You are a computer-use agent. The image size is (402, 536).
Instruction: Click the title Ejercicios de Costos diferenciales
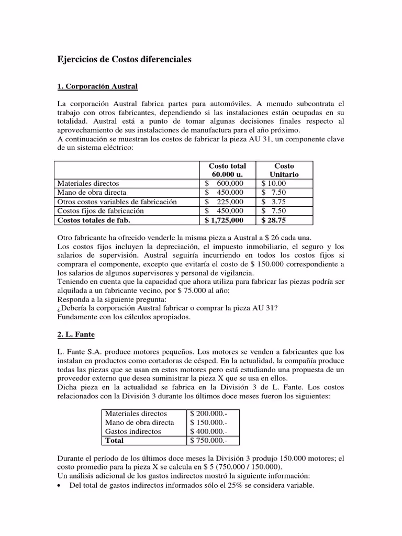(124, 60)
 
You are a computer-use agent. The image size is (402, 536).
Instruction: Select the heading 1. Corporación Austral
(97, 85)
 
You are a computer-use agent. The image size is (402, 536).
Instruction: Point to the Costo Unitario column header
(284, 170)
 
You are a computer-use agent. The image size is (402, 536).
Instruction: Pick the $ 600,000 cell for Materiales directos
(225, 183)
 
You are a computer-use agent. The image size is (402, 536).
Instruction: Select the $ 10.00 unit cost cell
(274, 183)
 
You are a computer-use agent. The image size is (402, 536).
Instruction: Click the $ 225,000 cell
(225, 202)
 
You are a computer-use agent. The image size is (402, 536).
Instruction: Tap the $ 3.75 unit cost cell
(274, 202)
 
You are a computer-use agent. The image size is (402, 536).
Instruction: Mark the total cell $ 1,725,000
(225, 220)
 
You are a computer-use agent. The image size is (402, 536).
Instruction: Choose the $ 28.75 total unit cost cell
(274, 220)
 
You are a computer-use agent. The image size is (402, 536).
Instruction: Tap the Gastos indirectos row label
(133, 431)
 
